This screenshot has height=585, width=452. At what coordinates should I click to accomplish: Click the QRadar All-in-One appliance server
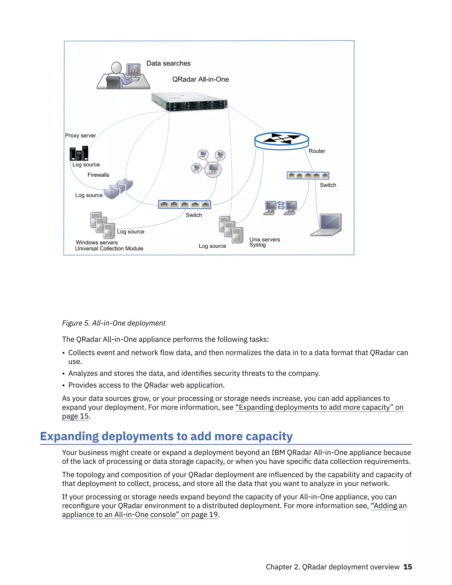(x=190, y=102)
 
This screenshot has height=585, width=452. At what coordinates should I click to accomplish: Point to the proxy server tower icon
(x=79, y=153)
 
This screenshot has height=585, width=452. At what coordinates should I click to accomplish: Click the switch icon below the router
(x=308, y=175)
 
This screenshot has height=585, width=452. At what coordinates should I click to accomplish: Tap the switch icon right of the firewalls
(x=185, y=205)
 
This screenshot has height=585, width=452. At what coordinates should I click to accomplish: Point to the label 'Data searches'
(x=168, y=64)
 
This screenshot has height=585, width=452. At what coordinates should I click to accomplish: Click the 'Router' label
(x=317, y=151)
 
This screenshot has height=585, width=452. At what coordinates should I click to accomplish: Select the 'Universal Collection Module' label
(x=109, y=249)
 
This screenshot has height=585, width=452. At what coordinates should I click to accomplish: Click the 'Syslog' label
(x=258, y=245)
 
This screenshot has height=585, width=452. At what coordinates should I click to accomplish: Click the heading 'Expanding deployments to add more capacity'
(x=166, y=436)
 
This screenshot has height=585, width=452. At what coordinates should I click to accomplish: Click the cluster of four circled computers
(x=209, y=163)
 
